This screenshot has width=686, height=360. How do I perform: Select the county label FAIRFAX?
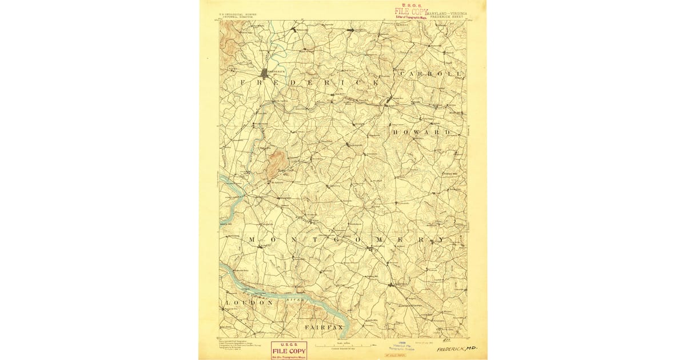(x=324, y=327)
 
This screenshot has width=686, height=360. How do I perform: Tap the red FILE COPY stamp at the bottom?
(x=289, y=350)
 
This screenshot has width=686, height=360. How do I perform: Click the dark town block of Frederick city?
(x=265, y=73)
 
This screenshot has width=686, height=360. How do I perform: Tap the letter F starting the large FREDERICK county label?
(x=242, y=83)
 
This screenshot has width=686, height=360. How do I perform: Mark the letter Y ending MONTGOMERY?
(x=441, y=239)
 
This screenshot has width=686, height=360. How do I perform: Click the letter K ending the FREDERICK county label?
(x=376, y=83)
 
